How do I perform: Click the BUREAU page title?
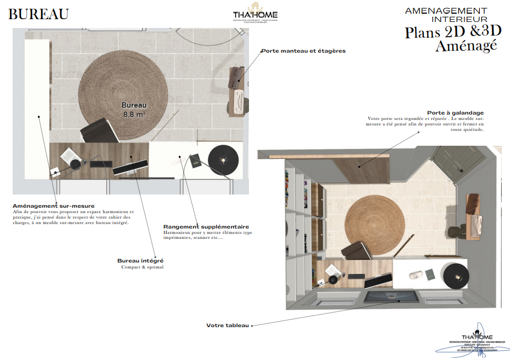tap(38, 14)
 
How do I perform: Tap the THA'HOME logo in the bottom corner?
tap(477, 341)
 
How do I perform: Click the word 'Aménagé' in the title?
tap(466, 46)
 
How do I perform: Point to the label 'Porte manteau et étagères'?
tap(303, 51)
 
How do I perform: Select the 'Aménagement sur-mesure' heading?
tap(53, 206)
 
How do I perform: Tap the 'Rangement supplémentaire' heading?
tap(206, 226)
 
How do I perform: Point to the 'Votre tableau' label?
tap(228, 325)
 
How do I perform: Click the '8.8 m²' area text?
tap(134, 115)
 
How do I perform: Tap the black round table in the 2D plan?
tap(223, 158)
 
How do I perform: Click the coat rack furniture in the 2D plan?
tap(237, 90)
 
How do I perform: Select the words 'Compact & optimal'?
tap(142, 267)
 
